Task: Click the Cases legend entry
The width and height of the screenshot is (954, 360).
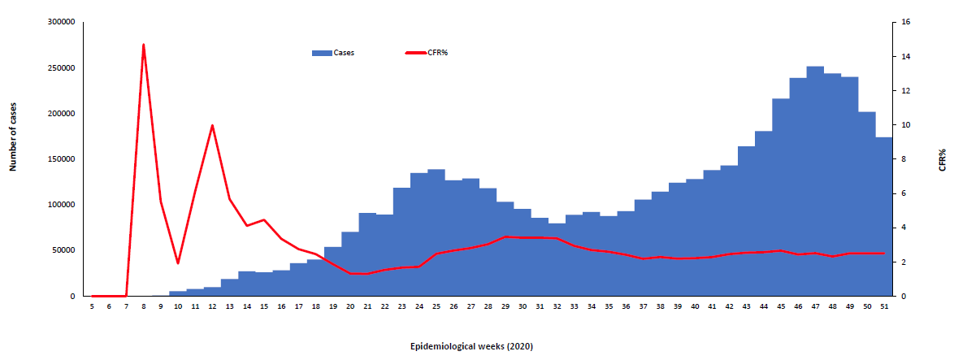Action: [333, 53]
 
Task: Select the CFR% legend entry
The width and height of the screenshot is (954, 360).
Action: [427, 53]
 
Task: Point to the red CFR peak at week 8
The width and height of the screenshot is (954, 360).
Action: [144, 45]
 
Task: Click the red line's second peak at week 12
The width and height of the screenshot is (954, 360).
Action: [212, 125]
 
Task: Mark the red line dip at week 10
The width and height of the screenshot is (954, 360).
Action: [178, 263]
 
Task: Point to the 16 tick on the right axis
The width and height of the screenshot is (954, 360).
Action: [904, 22]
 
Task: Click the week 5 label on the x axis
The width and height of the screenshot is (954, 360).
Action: [92, 306]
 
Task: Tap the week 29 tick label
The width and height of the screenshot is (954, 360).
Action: [505, 306]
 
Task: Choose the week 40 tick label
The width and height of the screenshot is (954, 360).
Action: [694, 306]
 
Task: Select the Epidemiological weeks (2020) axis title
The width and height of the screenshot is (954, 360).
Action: [471, 346]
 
